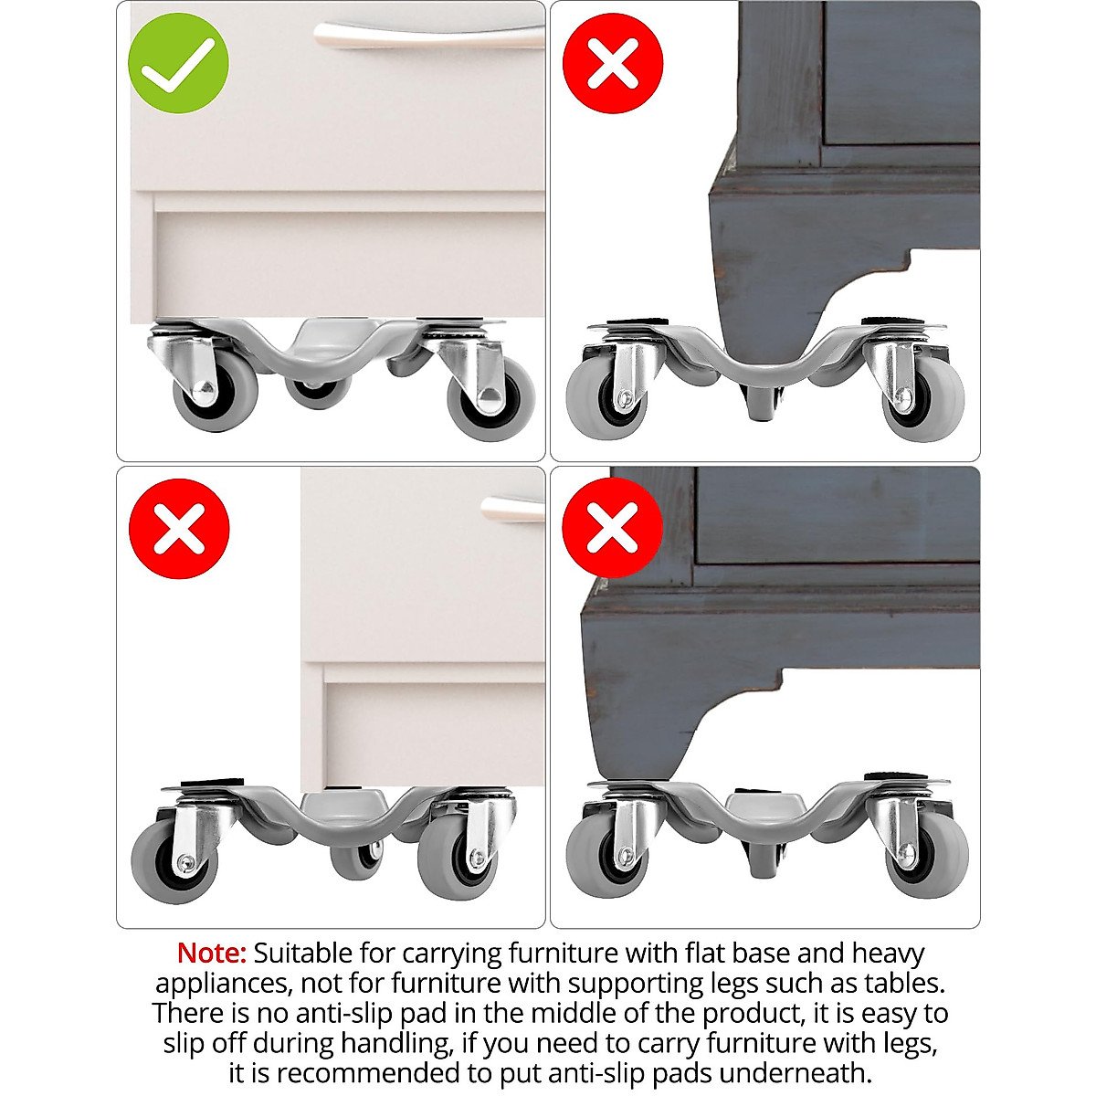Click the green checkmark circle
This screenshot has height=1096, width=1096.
click(178, 63)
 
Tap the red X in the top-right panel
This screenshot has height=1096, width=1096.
click(612, 63)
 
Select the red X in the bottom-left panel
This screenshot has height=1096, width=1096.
click(178, 529)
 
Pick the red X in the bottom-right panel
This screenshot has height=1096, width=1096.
click(612, 527)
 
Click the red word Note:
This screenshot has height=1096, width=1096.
click(211, 954)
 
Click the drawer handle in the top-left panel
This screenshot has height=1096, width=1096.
click(429, 36)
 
